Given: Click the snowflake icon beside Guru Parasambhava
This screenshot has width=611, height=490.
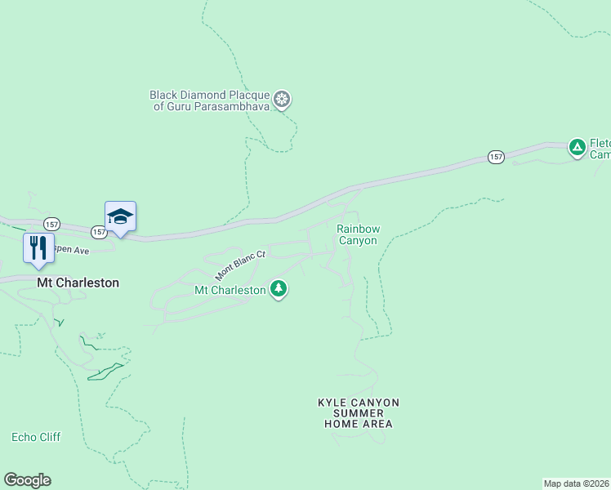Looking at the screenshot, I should tap(282, 100).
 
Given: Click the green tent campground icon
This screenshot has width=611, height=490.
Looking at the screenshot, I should tap(578, 147).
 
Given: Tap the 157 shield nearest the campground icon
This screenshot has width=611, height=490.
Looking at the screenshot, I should tap(496, 156).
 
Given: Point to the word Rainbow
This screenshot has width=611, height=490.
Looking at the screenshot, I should tap(358, 229).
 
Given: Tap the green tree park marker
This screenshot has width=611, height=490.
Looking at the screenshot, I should tap(279, 288).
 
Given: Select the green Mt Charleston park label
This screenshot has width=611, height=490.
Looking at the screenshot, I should tap(230, 290).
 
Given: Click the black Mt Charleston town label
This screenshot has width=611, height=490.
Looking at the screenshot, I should tap(78, 283).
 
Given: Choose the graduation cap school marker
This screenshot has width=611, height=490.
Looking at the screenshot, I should tap(120, 216).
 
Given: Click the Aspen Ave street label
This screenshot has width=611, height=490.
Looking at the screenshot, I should tap(69, 251).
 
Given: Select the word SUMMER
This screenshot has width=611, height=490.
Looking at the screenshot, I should tap(358, 413).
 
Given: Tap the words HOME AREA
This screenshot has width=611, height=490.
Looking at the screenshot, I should tap(358, 424).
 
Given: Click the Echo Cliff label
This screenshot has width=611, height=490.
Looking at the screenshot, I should tap(36, 437).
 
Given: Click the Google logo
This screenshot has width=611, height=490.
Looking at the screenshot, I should tap(27, 480).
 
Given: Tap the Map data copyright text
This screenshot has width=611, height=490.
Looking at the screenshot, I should tap(577, 483).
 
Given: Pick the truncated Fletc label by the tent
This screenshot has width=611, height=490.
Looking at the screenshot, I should tap(600, 142).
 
